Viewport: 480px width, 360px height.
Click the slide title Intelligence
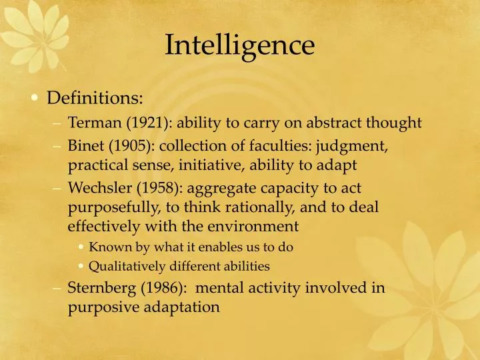click(x=239, y=45)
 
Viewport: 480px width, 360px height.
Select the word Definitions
click(x=94, y=99)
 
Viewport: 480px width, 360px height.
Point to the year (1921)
click(x=144, y=123)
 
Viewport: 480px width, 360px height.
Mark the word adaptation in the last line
click(x=177, y=307)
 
